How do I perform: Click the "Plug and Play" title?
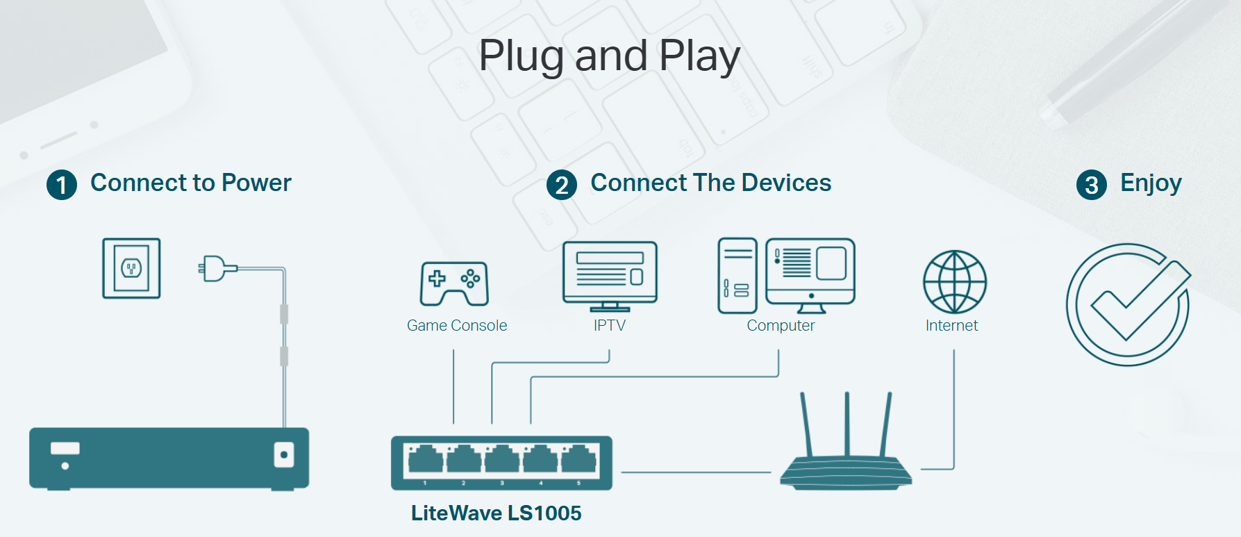(x=609, y=56)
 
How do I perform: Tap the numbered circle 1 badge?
(x=62, y=185)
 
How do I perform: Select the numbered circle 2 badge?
(x=562, y=185)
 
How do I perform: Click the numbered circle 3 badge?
(x=1091, y=185)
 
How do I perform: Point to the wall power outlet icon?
(x=131, y=268)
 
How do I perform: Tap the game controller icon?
(x=454, y=283)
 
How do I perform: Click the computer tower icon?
(x=737, y=275)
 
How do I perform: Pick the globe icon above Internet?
(x=954, y=281)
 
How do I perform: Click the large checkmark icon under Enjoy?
(x=1128, y=304)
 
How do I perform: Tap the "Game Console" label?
(x=457, y=325)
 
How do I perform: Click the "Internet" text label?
(x=951, y=325)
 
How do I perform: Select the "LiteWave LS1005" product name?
(x=496, y=513)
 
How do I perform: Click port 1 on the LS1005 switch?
(x=425, y=461)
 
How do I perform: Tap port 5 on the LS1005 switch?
(x=578, y=461)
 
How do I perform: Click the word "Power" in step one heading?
(x=256, y=183)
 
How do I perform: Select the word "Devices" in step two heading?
(x=786, y=183)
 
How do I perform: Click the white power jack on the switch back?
(x=283, y=456)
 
